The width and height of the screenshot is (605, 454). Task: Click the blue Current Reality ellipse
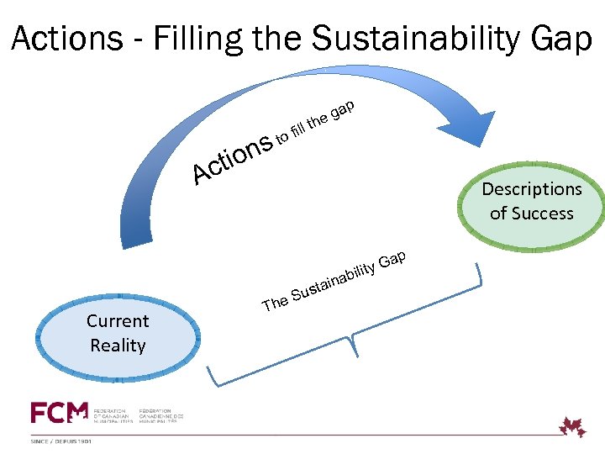pyautogui.click(x=118, y=334)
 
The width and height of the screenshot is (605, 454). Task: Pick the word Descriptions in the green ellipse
pyautogui.click(x=531, y=189)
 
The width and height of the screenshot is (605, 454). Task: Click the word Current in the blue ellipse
pyautogui.click(x=118, y=321)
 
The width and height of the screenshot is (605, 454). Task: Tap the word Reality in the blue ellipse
pyautogui.click(x=118, y=346)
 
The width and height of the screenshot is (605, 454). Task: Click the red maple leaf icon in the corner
pyautogui.click(x=574, y=426)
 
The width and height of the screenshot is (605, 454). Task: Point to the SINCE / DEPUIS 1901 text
pyautogui.click(x=64, y=440)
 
